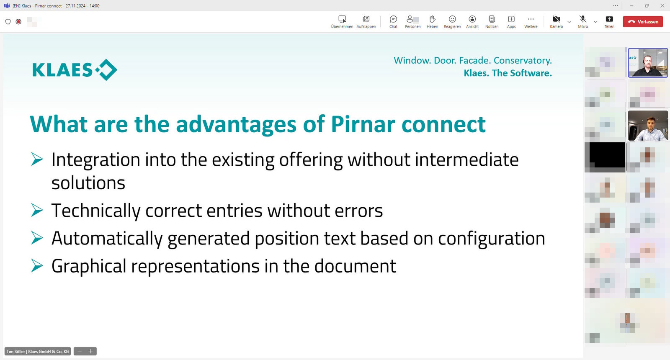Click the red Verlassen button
pos(643,22)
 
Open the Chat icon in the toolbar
pos(393,19)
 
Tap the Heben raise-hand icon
pos(432,19)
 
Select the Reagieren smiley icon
pos(452,19)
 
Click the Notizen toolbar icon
pos(492,19)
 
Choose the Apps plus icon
pos(511,19)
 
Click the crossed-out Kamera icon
pos(556,19)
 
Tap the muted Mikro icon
pos(582,19)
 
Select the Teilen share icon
pos(609,19)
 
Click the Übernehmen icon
pos(342,19)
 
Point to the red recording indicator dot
pos(18,21)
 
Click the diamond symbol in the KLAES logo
pos(106,70)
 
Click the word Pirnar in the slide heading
pos(363,124)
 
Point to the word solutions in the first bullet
pos(88,183)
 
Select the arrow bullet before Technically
pos(37,210)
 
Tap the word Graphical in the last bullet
pos(89,266)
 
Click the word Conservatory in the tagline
pos(523,60)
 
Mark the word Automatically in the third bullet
pos(107,239)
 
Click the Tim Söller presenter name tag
pos(37,351)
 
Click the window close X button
pos(662,6)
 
